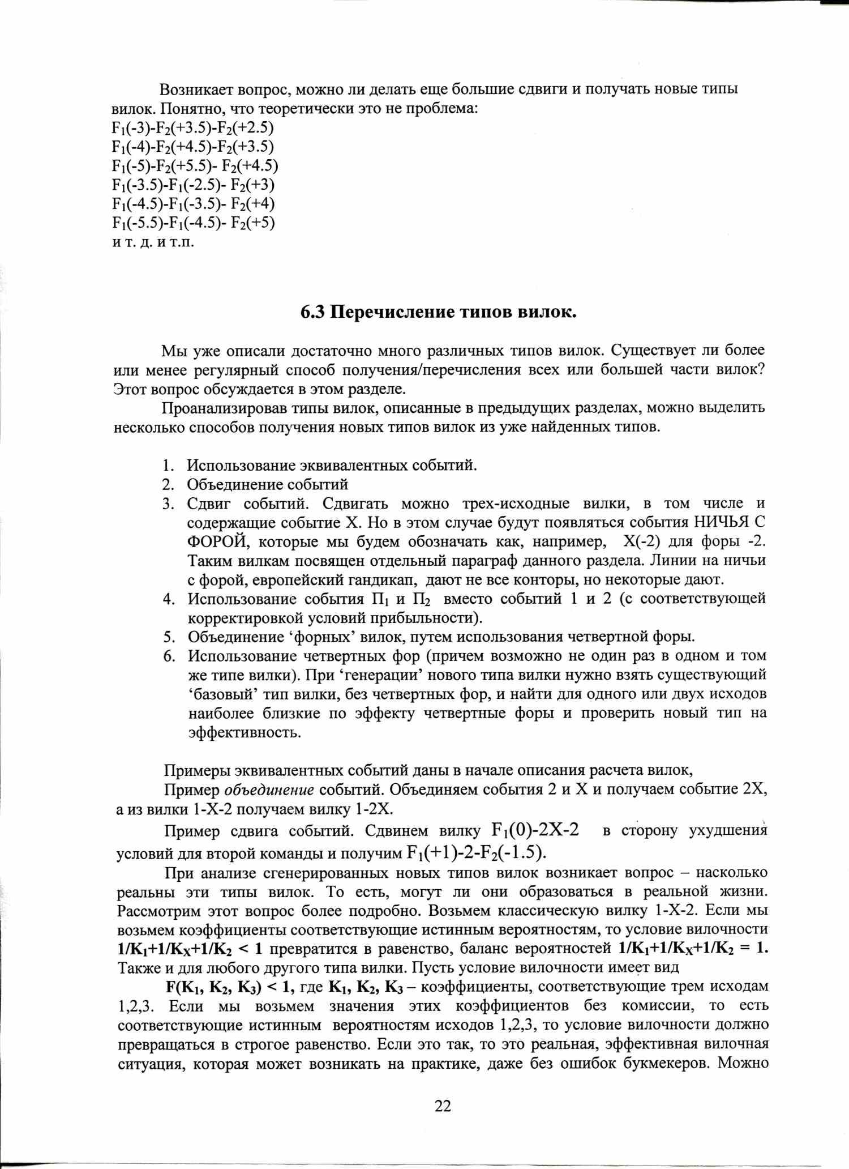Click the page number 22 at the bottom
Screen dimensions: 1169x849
[x=443, y=1106]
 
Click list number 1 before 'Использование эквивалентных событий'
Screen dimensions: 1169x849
[x=168, y=466]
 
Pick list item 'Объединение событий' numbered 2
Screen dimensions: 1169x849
[x=267, y=485]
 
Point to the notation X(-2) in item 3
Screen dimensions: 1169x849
[x=642, y=541]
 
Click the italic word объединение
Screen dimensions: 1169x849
[x=269, y=790]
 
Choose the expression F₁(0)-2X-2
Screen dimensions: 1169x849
[x=535, y=830]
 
